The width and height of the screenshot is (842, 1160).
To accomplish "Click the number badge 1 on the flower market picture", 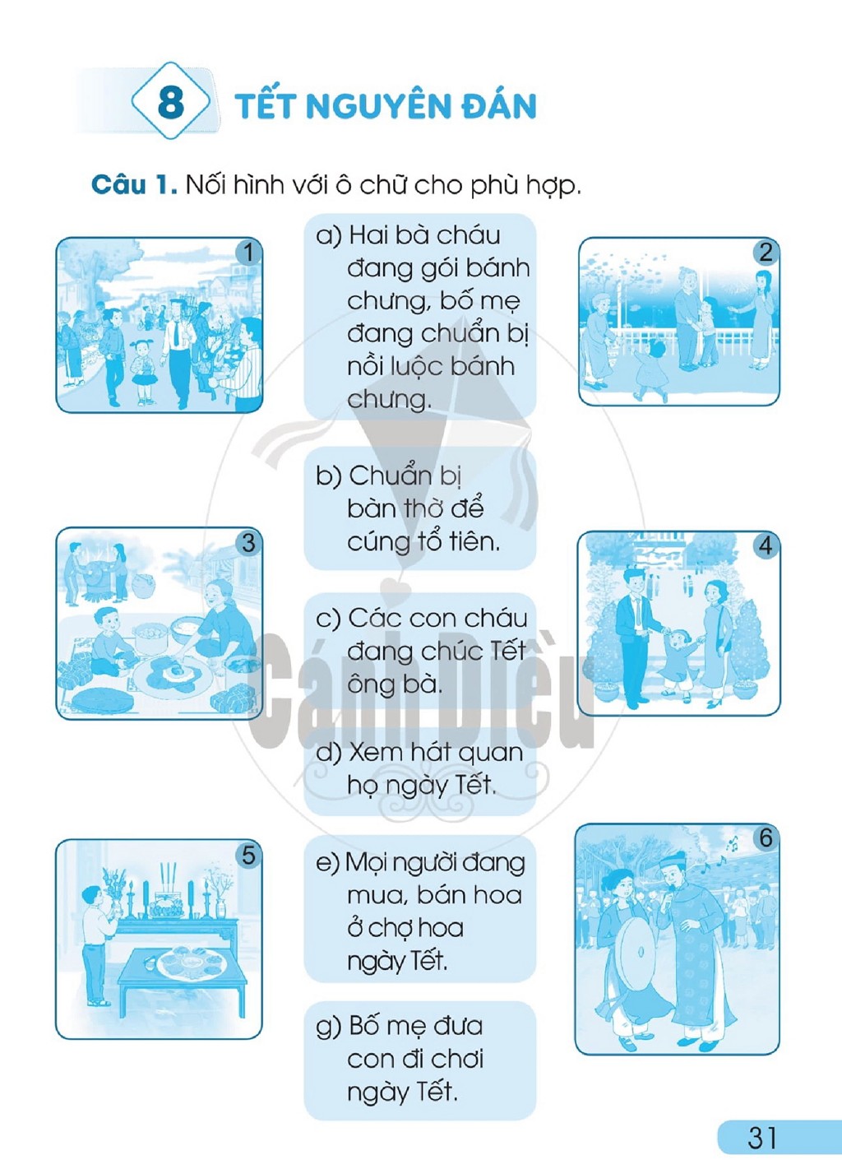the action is coord(248,253).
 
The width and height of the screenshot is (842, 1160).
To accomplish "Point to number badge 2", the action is coord(766,253).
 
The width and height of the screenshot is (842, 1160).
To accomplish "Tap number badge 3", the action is coord(248,542).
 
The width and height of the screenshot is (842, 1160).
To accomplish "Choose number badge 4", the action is coord(766,545).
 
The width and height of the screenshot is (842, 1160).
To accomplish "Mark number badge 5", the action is coord(248,855).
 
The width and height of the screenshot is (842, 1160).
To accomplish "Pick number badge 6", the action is coord(766,838).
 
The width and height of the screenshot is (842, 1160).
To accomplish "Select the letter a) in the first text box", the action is coord(329,236).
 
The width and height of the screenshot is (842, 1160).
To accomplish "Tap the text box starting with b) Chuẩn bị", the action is coord(419,509).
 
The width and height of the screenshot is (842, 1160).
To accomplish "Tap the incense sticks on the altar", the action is coord(169,877).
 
